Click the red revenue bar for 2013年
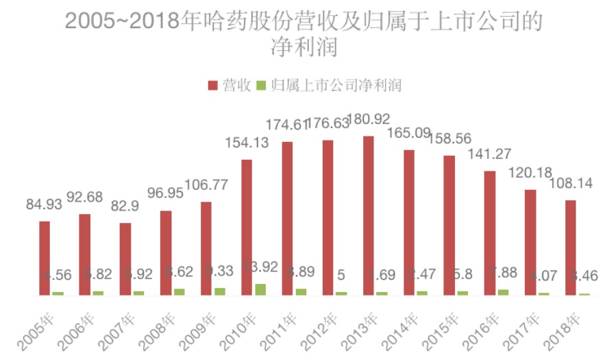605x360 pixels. click(x=369, y=215)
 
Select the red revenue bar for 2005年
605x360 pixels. click(x=45, y=258)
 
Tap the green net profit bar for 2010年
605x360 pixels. click(x=260, y=289)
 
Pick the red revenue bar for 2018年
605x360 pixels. click(x=571, y=248)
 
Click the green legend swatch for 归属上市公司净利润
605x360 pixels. click(x=261, y=85)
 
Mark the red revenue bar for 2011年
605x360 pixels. click(x=288, y=218)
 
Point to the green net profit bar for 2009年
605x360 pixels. click(x=220, y=291)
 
